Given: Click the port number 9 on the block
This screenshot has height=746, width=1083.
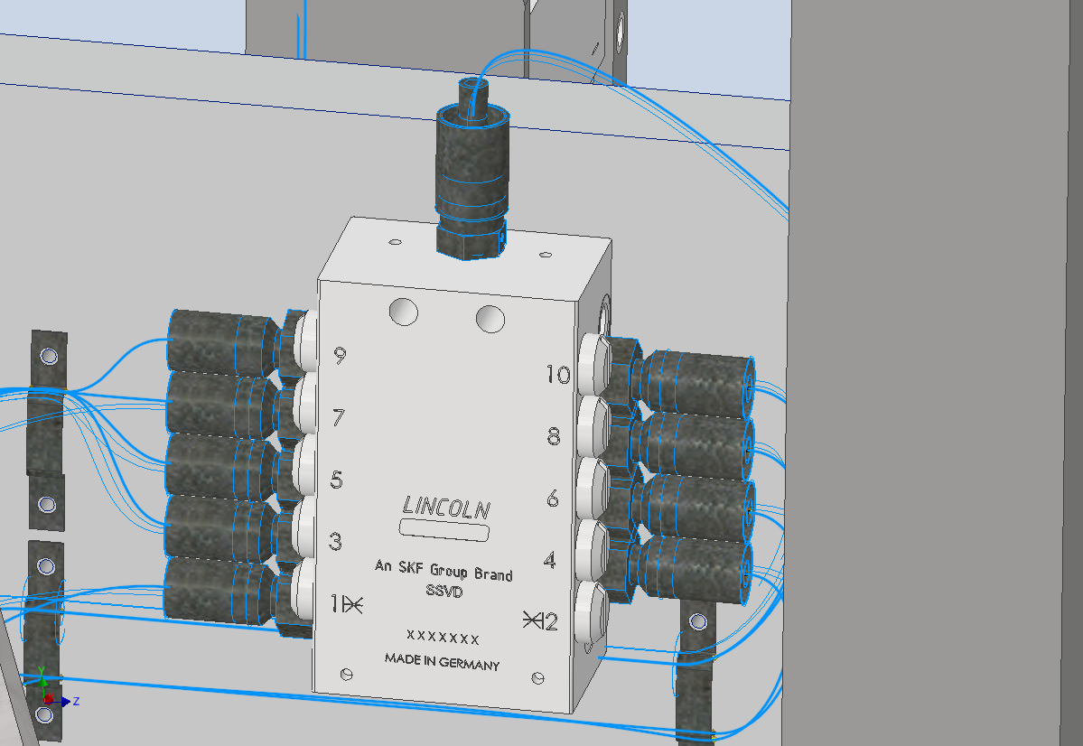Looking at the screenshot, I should click(340, 356).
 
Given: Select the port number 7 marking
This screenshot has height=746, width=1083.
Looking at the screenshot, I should click(339, 418).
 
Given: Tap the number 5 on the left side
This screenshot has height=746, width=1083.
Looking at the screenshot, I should click(337, 480).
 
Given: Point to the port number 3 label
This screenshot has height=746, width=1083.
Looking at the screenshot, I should click(335, 542).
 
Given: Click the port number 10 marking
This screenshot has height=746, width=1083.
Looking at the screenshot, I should click(557, 374).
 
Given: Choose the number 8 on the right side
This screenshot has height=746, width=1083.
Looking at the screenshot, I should click(554, 436).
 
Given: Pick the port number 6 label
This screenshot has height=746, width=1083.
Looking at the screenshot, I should click(552, 498).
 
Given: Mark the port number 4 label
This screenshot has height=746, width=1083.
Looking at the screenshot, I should click(549, 560).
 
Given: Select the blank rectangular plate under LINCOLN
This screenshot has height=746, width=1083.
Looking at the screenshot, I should click(444, 530).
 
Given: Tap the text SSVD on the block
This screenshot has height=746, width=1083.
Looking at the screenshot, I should click(443, 592).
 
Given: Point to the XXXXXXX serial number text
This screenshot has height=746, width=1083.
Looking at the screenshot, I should click(443, 638).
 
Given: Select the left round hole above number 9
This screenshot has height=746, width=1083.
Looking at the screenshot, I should click(403, 312).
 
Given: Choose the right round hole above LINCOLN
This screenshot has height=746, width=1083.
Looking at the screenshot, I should click(490, 318).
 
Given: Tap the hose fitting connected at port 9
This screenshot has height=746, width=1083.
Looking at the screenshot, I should click(226, 339).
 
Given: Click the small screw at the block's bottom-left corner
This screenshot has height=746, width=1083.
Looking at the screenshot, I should click(344, 674).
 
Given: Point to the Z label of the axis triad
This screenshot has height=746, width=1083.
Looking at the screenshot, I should click(77, 701).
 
